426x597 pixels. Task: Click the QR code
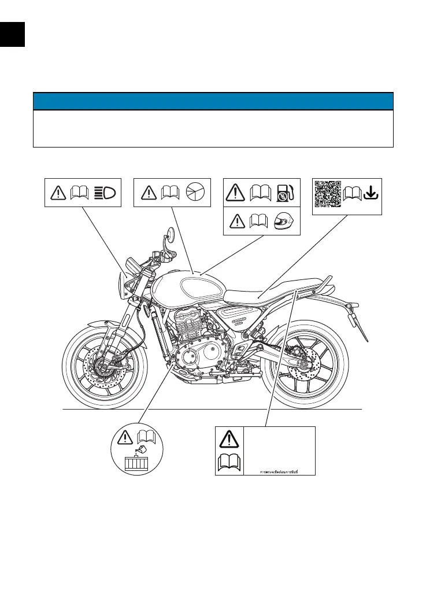(328, 193)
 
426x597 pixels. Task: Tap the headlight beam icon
(106, 191)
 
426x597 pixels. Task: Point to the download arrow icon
(371, 192)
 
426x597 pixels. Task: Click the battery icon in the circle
(137, 463)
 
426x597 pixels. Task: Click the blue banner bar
(213, 101)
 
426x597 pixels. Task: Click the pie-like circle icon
(196, 191)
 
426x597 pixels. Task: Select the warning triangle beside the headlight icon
(58, 191)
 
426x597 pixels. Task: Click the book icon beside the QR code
(351, 193)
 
